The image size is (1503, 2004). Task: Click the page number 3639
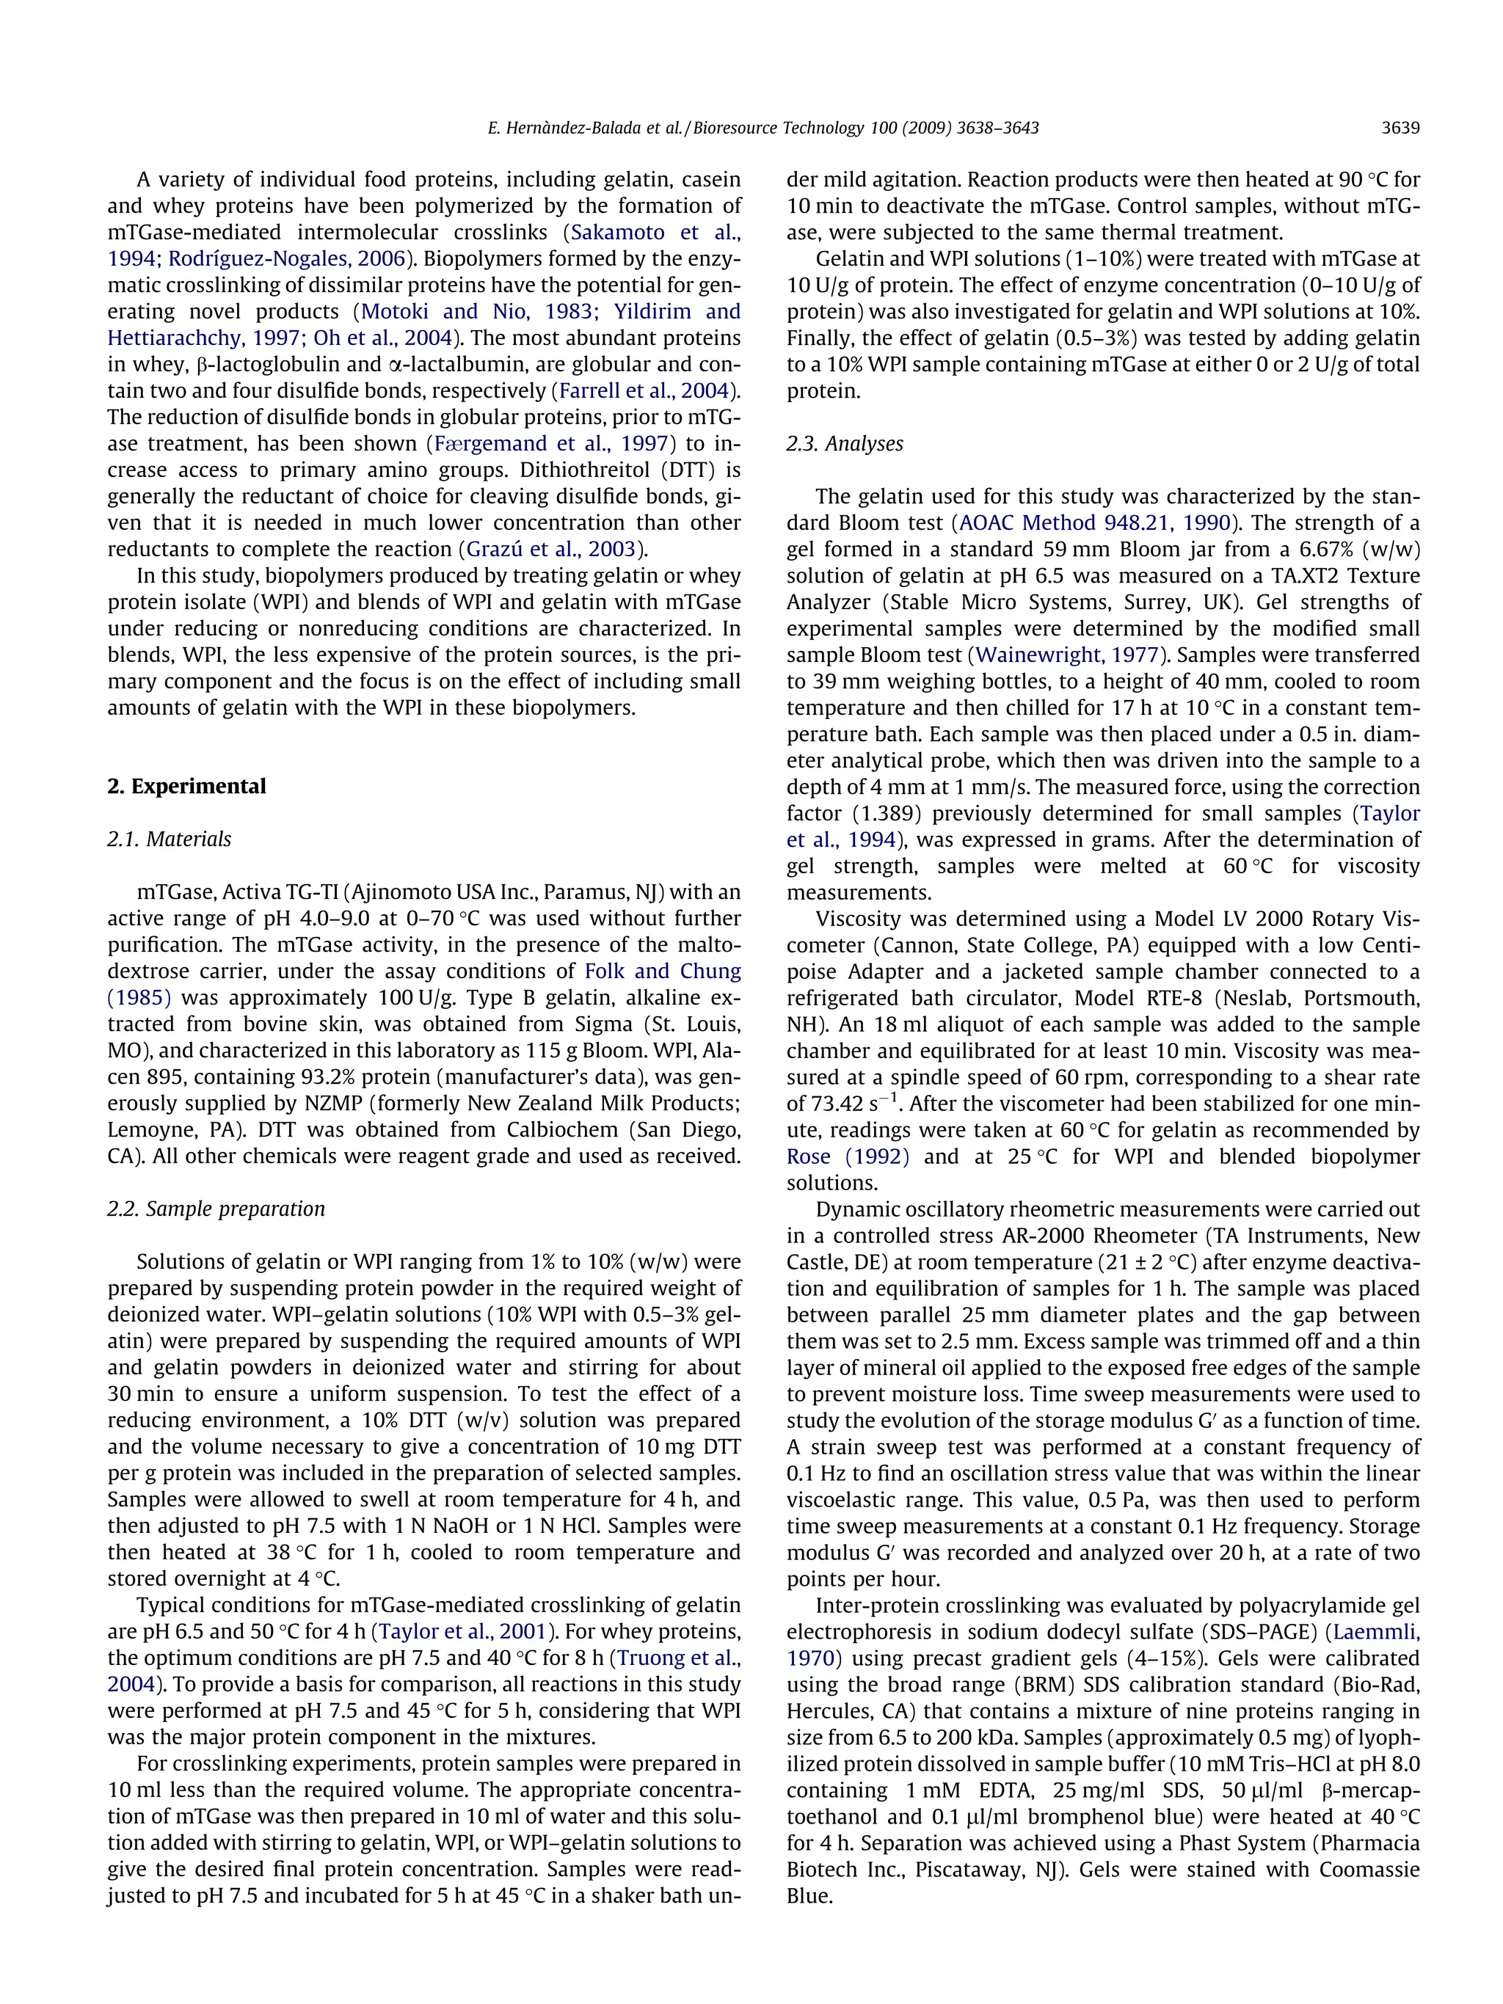click(1400, 128)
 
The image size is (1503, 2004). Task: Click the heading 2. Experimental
click(186, 787)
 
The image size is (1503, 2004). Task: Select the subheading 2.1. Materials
click(170, 839)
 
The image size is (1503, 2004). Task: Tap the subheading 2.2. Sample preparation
click(216, 1209)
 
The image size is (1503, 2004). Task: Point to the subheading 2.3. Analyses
click(845, 443)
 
